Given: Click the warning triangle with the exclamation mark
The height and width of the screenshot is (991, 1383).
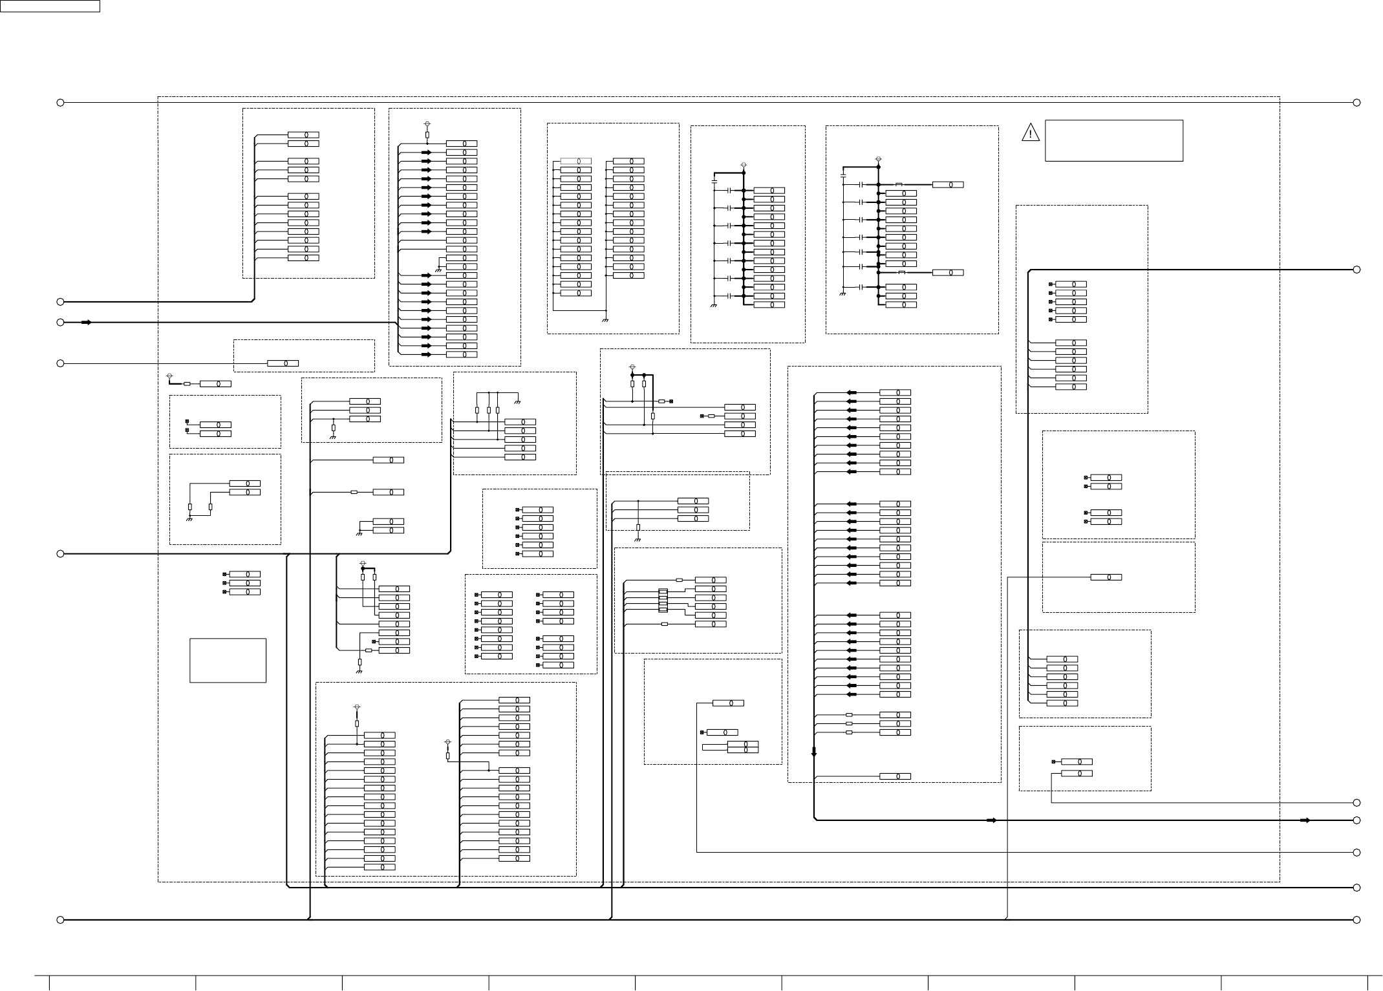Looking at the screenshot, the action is click(1030, 133).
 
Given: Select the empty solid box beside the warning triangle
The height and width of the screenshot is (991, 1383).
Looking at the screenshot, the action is click(1113, 140).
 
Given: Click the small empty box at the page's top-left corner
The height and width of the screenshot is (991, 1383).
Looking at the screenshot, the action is click(50, 6).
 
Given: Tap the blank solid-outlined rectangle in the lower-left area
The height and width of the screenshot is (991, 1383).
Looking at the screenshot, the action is click(228, 660).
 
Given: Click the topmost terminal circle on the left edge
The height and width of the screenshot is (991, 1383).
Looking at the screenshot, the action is click(60, 102).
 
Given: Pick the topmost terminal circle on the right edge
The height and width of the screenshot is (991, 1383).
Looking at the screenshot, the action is click(1357, 102).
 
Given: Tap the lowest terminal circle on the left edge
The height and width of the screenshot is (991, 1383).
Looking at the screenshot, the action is click(60, 920).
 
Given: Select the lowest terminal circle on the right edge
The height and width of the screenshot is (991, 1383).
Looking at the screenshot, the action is click(1357, 920).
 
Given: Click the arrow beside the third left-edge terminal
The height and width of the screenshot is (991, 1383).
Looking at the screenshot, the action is click(87, 322).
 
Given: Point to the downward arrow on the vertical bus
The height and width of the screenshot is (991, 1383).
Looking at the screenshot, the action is click(814, 752).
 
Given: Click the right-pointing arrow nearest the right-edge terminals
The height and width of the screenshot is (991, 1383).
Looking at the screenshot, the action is click(1305, 820).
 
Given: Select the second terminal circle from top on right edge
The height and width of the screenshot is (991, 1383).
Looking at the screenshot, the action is click(1357, 270).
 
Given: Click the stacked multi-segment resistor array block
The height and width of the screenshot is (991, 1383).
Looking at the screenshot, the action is click(663, 601).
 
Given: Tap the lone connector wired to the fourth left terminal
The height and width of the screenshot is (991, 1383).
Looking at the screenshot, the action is click(283, 363).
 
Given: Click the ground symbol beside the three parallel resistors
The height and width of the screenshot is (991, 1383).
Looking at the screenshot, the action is click(518, 402).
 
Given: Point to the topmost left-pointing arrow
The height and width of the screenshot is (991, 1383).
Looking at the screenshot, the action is click(852, 392).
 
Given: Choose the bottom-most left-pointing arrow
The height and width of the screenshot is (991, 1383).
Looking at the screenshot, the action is click(852, 694).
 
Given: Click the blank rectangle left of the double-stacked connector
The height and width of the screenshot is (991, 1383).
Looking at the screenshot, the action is click(714, 747).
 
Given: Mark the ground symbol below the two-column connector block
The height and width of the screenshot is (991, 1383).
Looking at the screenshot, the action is click(605, 319).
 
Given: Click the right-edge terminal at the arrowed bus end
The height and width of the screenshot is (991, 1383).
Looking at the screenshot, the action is click(1357, 820).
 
